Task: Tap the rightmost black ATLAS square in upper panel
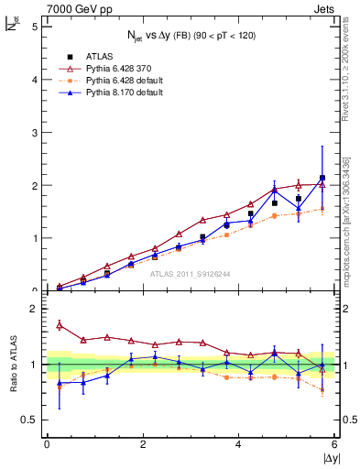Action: pyautogui.click(x=322, y=178)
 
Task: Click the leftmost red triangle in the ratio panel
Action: pyautogui.click(x=60, y=325)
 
